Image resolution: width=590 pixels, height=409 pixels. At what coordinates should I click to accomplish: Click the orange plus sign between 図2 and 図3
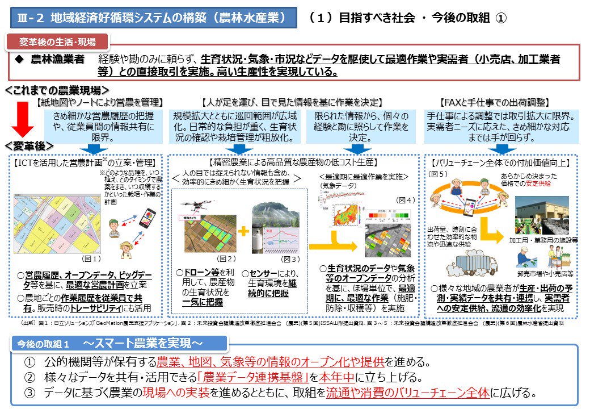tap(243, 232)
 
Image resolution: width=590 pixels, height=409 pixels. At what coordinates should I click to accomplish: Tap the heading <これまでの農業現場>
tap(57, 90)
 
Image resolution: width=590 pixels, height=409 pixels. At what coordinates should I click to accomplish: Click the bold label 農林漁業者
tap(57, 59)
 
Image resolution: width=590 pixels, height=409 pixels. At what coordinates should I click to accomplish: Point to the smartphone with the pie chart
tap(146, 219)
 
